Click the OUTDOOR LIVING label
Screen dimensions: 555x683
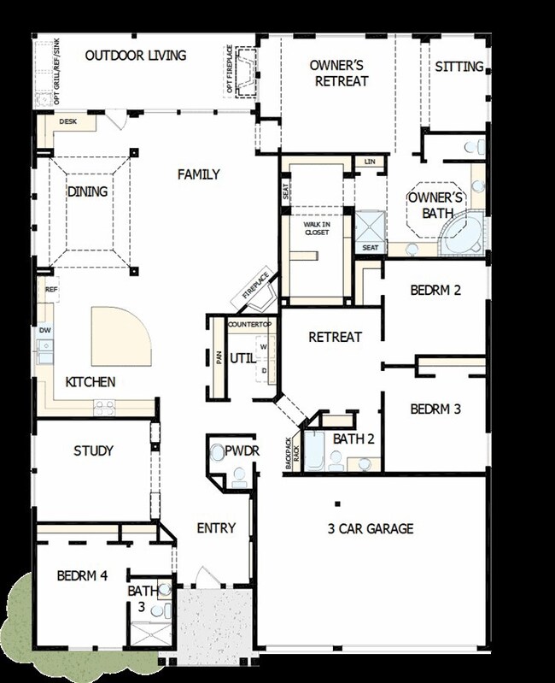[x=136, y=56]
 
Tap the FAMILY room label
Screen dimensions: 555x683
[x=199, y=174]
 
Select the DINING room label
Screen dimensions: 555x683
[x=87, y=191]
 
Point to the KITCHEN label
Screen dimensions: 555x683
[x=91, y=382]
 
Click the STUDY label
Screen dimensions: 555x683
[x=94, y=450]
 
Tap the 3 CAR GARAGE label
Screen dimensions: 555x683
[x=371, y=528]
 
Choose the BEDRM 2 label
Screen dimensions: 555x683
[x=435, y=290]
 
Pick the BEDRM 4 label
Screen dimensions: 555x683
[x=82, y=575]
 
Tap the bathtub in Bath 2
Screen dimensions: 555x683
[x=313, y=450]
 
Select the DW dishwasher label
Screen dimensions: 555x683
[x=45, y=330]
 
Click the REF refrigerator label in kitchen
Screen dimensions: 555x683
[x=51, y=289]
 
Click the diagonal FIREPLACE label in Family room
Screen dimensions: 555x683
[x=255, y=286]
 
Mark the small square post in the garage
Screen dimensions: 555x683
[x=337, y=504]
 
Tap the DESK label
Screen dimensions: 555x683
[x=67, y=121]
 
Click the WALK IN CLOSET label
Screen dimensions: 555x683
[x=317, y=228]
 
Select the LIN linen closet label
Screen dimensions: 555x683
[x=370, y=162]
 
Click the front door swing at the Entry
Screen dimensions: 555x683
[x=204, y=577]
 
